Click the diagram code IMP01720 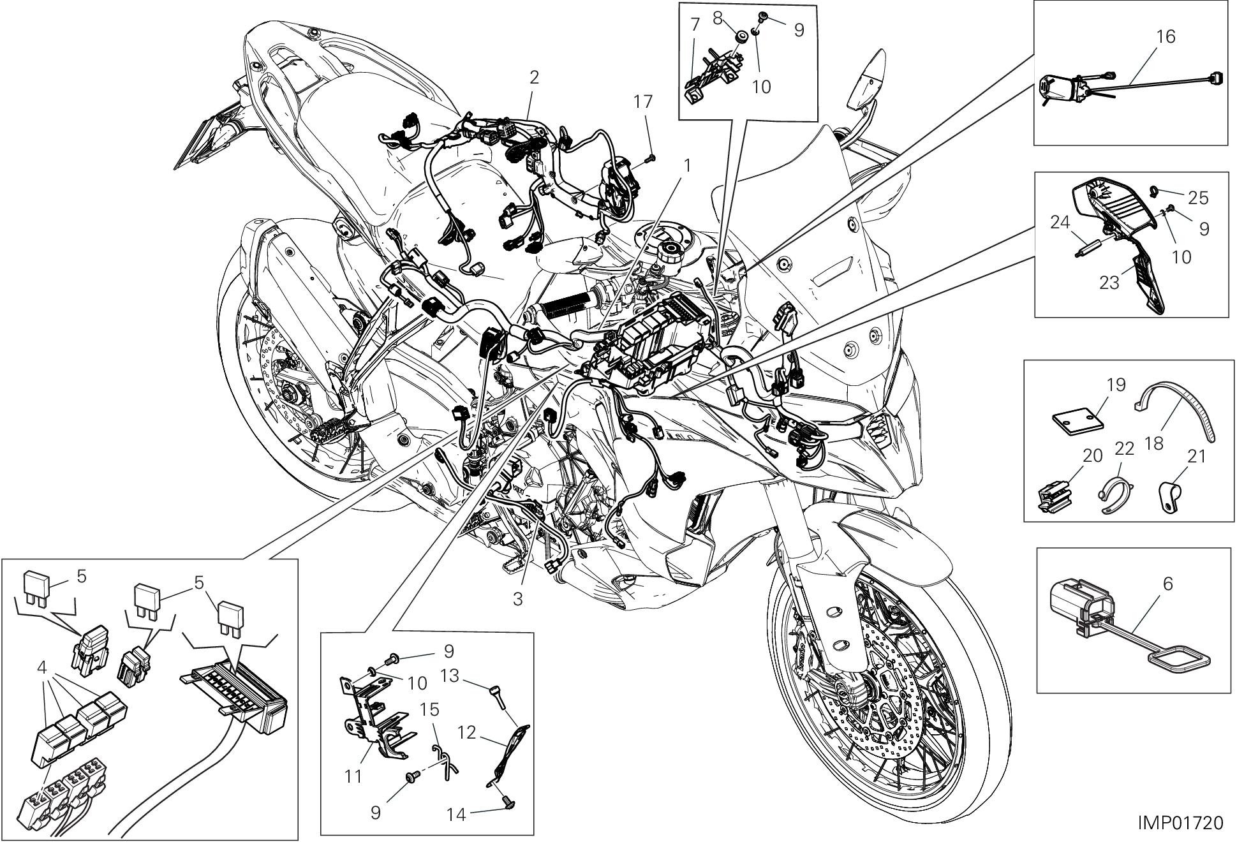pos(1180,823)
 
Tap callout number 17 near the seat pos(644,101)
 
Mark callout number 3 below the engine pos(517,600)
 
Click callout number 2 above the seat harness pos(534,78)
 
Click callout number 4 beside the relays pos(42,668)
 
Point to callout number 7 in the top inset pos(695,26)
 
